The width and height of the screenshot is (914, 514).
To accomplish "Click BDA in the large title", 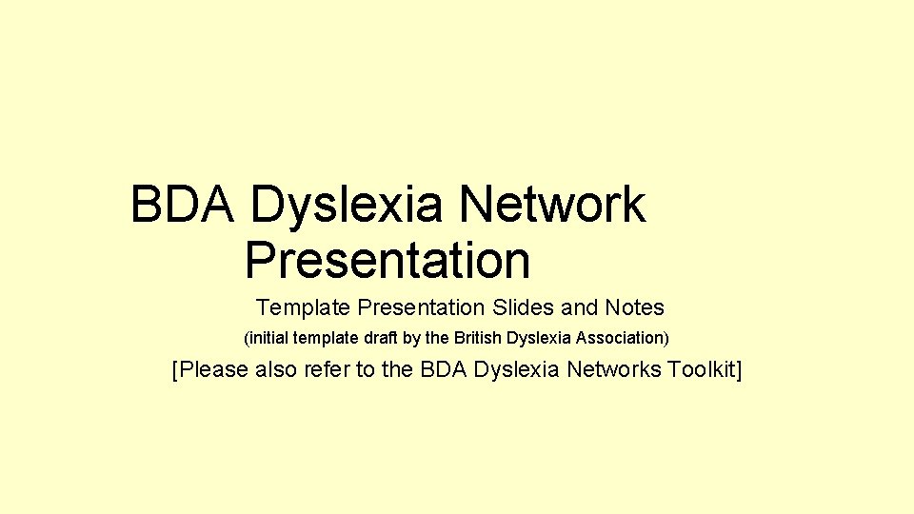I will pos(182,205).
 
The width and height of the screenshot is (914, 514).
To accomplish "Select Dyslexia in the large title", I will pos(348,205).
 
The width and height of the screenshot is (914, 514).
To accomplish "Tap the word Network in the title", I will pos(552,205).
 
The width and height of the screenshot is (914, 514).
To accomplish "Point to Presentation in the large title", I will pos(387,260).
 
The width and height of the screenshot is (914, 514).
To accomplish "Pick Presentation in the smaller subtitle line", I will pos(421,308).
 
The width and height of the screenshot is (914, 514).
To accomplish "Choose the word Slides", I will pos(525,308).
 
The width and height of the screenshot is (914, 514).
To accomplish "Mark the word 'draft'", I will pos(374,338).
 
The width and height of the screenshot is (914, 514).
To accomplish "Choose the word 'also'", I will pos(277,369).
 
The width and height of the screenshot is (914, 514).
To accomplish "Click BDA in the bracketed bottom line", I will pos(441,369).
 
